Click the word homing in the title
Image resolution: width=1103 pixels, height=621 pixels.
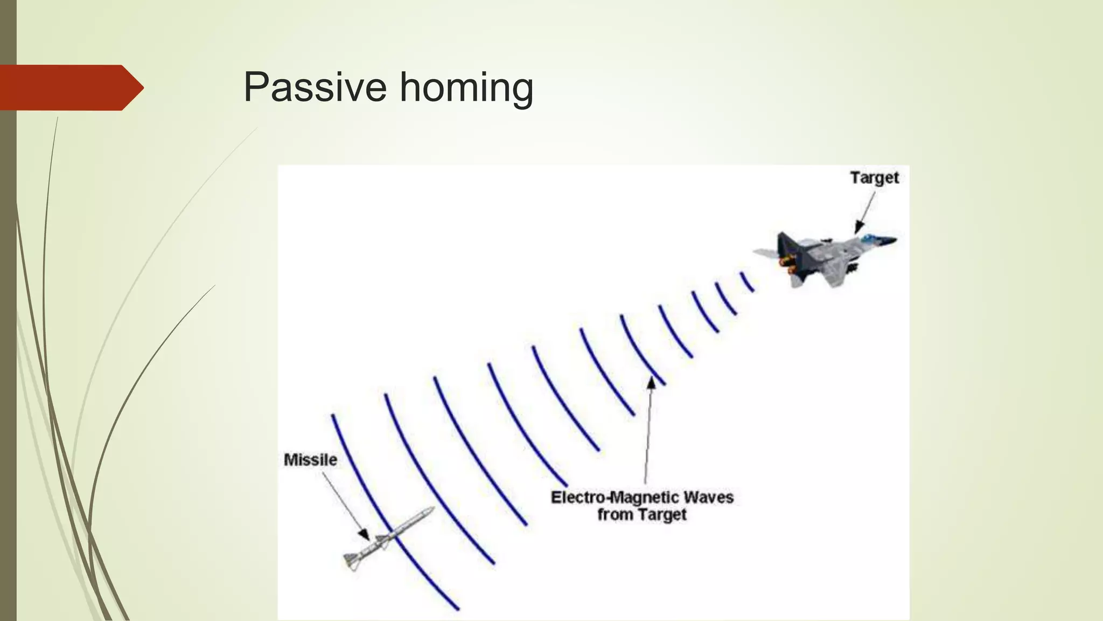tap(466, 88)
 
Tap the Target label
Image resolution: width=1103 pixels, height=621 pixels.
tap(874, 177)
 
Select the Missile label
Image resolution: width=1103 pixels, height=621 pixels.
tap(310, 460)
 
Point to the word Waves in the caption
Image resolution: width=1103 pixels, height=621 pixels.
tap(708, 497)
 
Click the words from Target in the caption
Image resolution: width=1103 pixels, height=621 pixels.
tap(641, 515)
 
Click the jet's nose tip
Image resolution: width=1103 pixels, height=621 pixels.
tap(895, 240)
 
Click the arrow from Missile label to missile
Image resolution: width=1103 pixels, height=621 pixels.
tap(345, 503)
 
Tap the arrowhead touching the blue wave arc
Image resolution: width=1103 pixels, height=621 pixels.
tap(651, 383)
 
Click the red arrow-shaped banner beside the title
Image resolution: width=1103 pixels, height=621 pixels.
tap(70, 87)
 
